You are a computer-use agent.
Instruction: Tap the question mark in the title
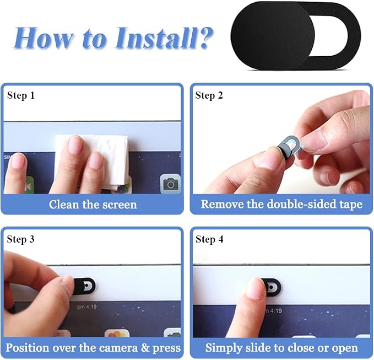point(205,37)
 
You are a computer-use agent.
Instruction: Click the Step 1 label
point(21,95)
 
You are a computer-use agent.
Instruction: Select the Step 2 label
point(209,95)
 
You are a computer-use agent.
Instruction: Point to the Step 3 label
point(21,239)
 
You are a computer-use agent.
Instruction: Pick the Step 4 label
point(209,239)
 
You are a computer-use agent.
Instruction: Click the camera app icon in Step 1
point(170,184)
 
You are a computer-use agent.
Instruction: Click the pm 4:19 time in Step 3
point(87,307)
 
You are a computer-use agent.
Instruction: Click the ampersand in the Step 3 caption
point(145,348)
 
